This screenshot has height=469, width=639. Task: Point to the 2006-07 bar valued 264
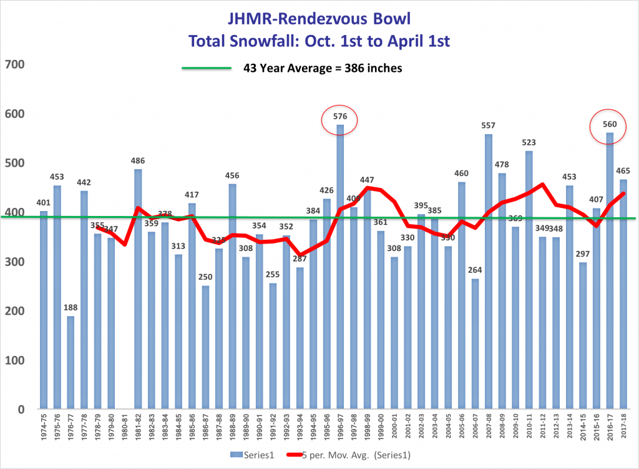(x=475, y=344)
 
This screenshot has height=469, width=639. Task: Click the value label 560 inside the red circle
(x=610, y=124)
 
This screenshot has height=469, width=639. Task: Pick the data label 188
(x=71, y=307)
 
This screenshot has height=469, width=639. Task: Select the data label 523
(x=529, y=142)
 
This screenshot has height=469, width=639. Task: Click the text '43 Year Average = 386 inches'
(x=322, y=68)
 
